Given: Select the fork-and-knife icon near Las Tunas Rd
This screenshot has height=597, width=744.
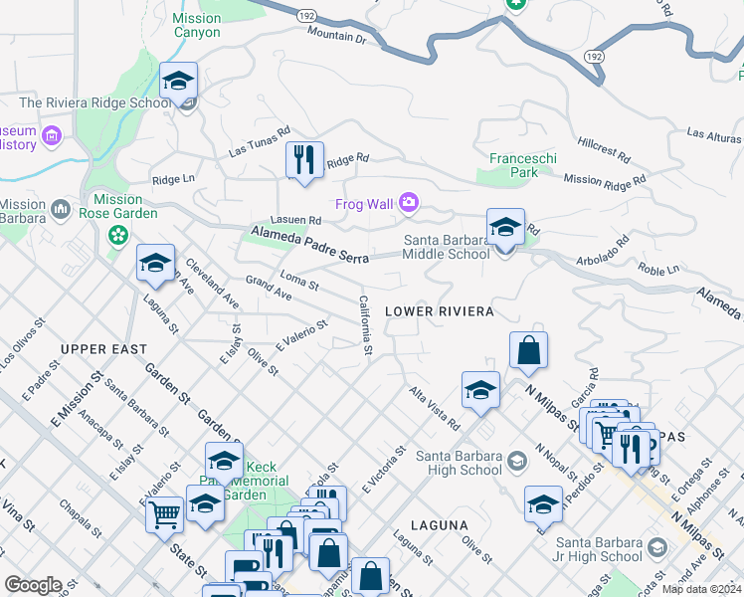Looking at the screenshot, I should tap(303, 159).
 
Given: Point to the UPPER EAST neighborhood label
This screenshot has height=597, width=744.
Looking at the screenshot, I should tap(103, 349).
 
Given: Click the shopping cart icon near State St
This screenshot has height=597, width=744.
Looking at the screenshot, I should tap(164, 514).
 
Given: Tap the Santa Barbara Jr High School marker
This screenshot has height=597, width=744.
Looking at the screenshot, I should tap(656, 547).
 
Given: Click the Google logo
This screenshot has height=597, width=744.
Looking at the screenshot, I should tap(33, 585).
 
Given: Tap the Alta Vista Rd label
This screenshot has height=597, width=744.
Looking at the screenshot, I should tap(434, 409).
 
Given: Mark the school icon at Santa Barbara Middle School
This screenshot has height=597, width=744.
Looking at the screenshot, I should tap(505, 228).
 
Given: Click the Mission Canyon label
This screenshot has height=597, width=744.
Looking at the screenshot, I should tap(197, 25).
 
